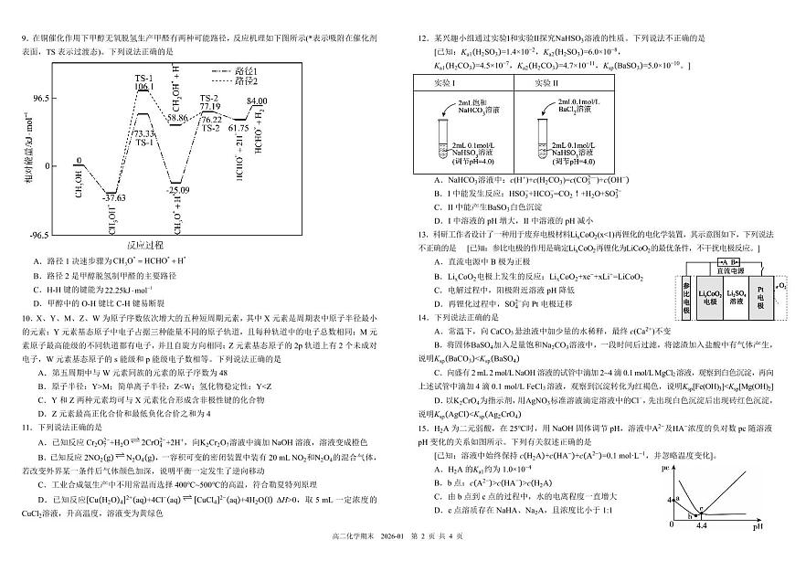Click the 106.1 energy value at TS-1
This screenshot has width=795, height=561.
click(x=144, y=87)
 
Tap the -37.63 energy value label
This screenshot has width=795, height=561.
click(x=114, y=197)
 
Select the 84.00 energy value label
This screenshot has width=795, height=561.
click(x=256, y=101)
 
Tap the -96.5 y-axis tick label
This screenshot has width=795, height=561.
click(x=39, y=235)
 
